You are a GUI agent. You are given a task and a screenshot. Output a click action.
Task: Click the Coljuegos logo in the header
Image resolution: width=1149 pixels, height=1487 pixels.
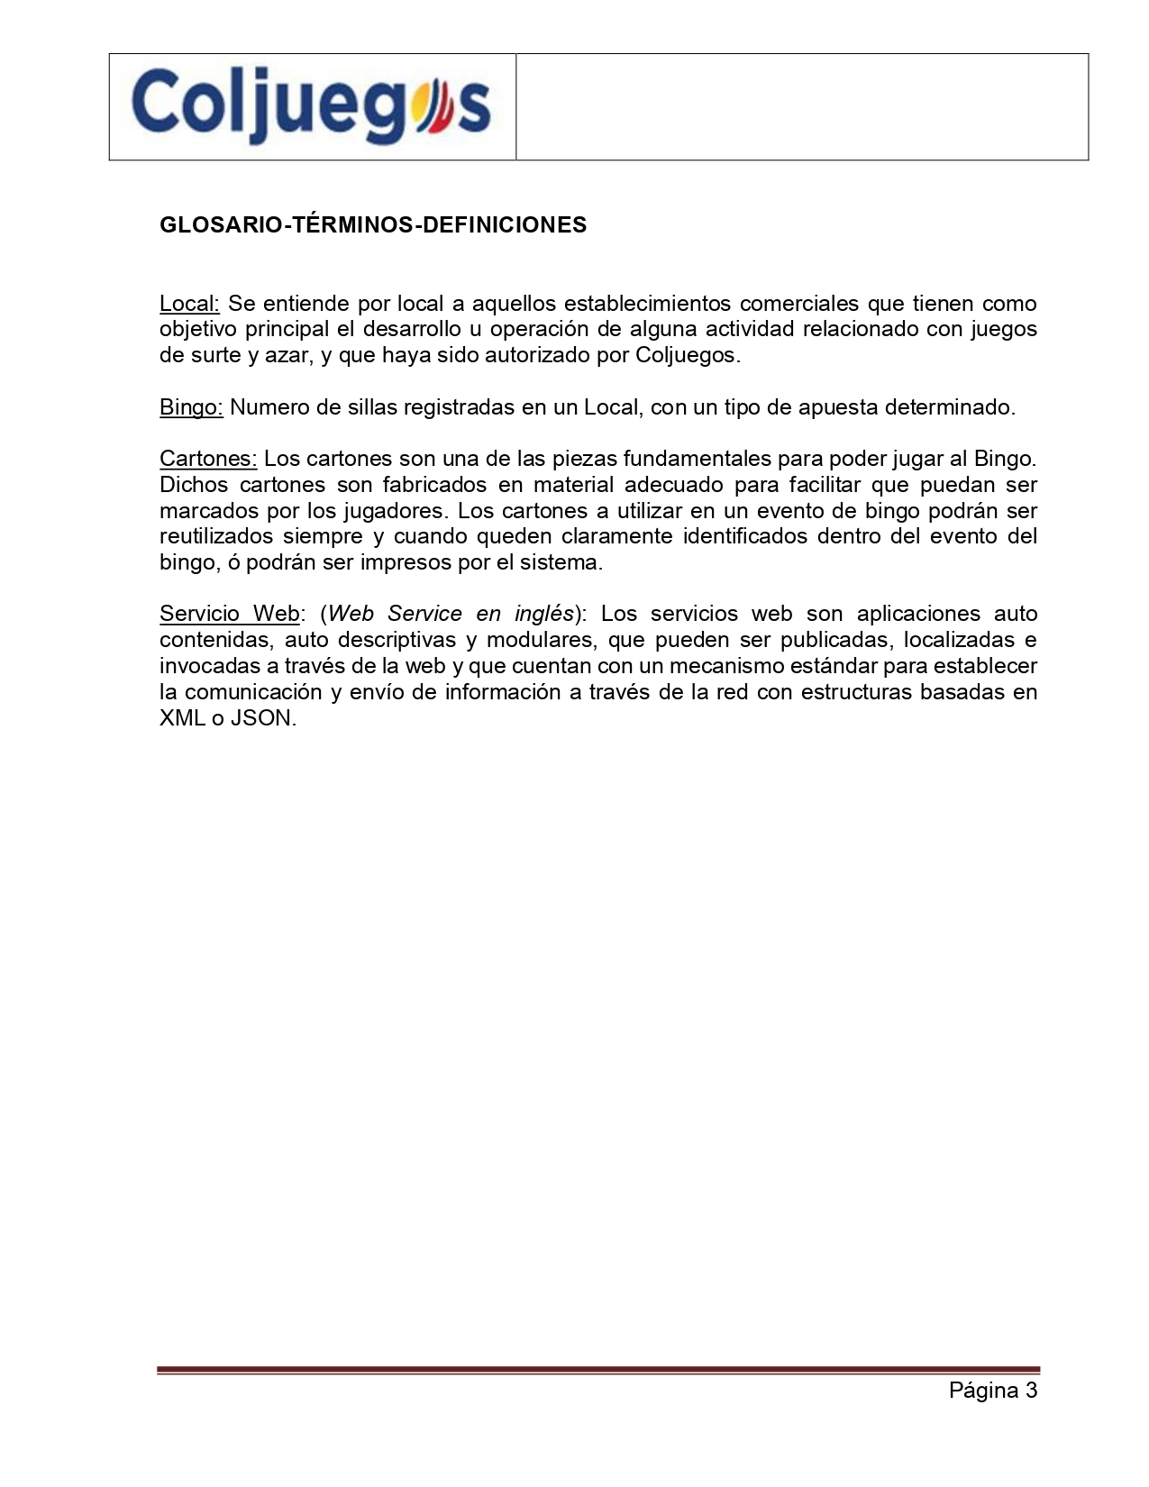pyautogui.click(x=312, y=106)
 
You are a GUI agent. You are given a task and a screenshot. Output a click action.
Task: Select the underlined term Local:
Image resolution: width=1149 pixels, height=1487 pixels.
pyautogui.click(x=189, y=304)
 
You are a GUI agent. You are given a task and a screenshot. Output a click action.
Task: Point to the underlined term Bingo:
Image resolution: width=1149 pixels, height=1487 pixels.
pyautogui.click(x=191, y=407)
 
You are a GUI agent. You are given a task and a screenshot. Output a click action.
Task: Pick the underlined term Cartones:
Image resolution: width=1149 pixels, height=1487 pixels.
pyautogui.click(x=208, y=459)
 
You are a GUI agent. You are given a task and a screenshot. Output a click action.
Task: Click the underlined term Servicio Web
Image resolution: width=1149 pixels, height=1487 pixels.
pyautogui.click(x=229, y=614)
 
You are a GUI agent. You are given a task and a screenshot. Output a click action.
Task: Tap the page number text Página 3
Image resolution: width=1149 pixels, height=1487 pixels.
pyautogui.click(x=992, y=1390)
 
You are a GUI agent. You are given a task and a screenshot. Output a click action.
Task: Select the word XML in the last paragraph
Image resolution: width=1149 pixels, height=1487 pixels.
pyautogui.click(x=182, y=718)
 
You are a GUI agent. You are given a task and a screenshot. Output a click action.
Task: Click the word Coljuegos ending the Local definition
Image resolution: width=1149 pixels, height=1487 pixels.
pyautogui.click(x=687, y=355)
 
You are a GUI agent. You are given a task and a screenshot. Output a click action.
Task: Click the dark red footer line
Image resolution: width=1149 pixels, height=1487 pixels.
pyautogui.click(x=598, y=1371)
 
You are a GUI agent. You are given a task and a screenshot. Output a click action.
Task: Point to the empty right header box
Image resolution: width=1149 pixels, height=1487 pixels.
pyautogui.click(x=802, y=106)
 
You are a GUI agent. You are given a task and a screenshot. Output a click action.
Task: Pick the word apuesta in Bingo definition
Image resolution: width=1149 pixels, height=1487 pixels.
pyautogui.click(x=838, y=407)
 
